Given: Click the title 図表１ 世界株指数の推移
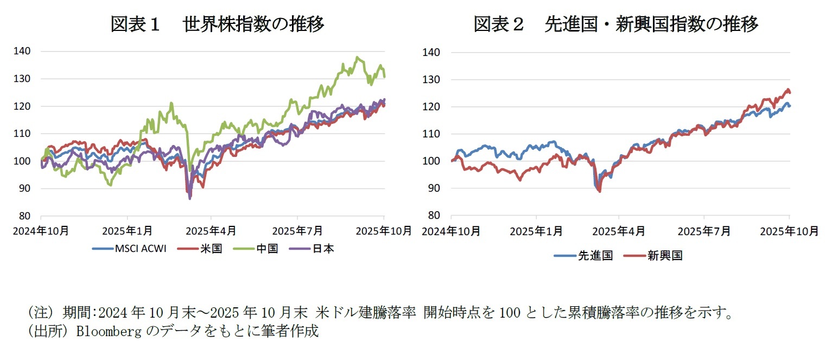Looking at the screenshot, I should [x=217, y=24].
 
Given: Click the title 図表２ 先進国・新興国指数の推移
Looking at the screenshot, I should [x=615, y=24].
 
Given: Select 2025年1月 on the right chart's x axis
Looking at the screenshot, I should [x=536, y=231].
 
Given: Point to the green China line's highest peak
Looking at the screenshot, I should [x=357, y=57].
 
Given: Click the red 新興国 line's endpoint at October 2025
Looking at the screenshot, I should [x=790, y=92].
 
